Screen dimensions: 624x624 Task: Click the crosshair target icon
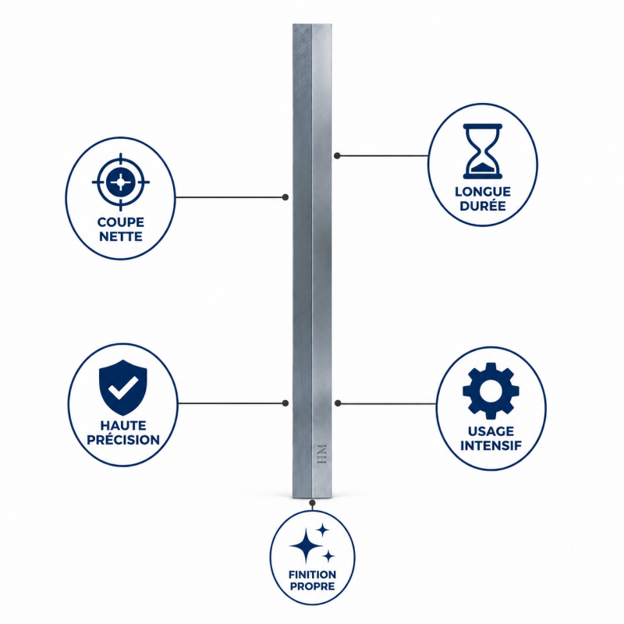pos(121,183)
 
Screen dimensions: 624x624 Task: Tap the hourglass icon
pos(483,151)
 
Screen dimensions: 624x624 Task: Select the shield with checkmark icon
pos(123,387)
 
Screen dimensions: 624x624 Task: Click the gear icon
pos(491,391)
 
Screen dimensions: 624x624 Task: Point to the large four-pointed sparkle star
pos(306,545)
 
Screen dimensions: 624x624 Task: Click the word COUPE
pos(121,222)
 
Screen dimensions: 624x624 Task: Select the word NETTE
pos(121,236)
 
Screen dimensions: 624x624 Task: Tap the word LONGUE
pos(483,192)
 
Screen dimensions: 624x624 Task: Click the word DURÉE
pos(483,206)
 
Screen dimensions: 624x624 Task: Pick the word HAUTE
pos(123,425)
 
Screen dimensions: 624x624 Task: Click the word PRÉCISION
pos(123,439)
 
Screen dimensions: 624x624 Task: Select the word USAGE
pos(491,431)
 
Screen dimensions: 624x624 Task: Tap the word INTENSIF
pos(491,445)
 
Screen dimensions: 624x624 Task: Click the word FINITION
pos(313,574)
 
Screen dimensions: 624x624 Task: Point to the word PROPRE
pos(313,586)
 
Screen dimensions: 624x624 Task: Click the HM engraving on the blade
pos(322,454)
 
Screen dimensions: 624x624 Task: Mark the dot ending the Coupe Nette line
pos(285,197)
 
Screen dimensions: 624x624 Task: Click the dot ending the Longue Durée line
pos(337,155)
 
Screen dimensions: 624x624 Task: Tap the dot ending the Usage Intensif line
pos(338,403)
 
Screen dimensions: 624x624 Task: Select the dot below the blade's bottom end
pos(313,503)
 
